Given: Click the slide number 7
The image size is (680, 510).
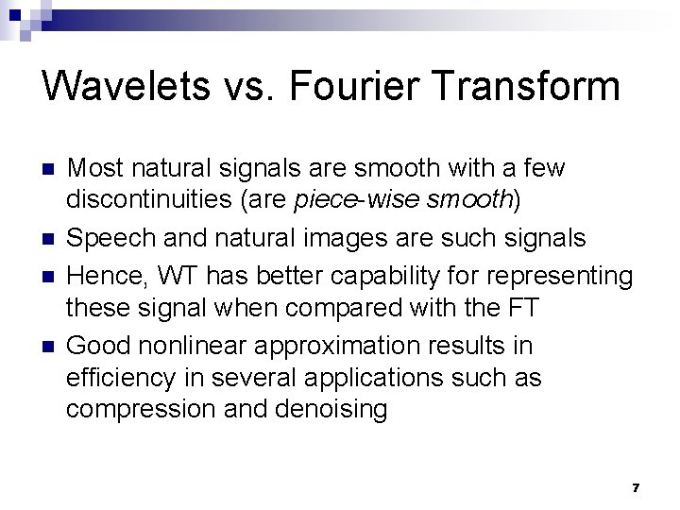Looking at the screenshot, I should [x=636, y=487].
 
